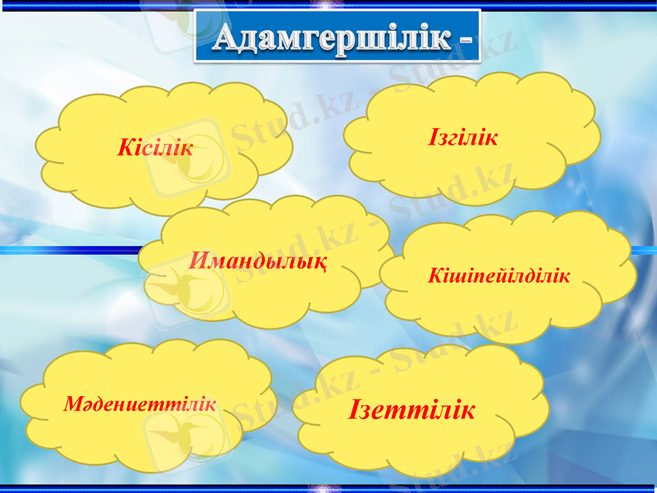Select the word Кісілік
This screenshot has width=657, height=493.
(x=156, y=148)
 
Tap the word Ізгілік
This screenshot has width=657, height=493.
(x=463, y=136)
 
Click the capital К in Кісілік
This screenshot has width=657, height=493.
(x=126, y=148)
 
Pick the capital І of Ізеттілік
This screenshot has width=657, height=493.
(x=354, y=408)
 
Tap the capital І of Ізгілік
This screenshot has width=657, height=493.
(x=433, y=136)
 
